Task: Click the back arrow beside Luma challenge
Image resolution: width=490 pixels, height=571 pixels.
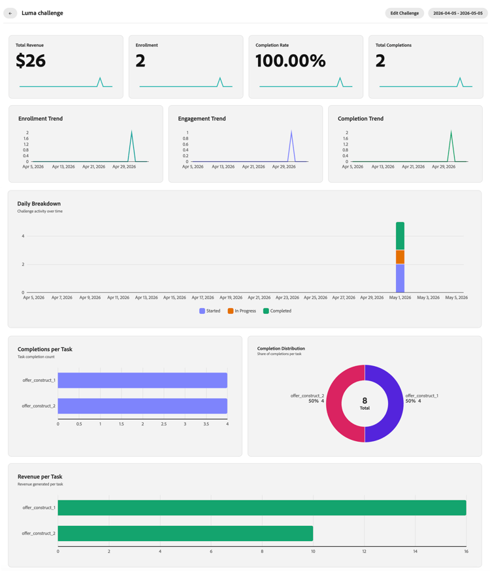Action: pos(10,13)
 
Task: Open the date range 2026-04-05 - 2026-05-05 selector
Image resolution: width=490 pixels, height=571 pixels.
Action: pos(457,13)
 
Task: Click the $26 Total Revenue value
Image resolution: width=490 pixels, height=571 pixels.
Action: pos(31,61)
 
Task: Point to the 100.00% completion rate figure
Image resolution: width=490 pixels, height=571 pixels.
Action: pos(290,61)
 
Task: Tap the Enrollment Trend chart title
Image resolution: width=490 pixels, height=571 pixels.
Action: pos(41,119)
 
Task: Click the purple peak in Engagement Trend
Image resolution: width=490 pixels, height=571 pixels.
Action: pos(291,131)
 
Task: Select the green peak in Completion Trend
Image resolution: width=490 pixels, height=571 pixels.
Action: pos(451,131)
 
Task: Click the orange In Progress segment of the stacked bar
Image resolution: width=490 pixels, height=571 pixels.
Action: pos(400,257)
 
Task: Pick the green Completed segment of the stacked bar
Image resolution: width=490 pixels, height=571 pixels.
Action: pos(400,236)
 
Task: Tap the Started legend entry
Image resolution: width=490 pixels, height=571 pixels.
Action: pos(210,311)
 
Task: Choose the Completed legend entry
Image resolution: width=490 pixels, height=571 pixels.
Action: pos(277,311)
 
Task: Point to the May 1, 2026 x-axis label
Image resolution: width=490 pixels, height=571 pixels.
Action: pos(400,298)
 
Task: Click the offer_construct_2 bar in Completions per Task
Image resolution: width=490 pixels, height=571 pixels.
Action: pos(142,406)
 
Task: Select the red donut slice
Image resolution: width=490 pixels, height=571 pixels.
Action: pos(334,403)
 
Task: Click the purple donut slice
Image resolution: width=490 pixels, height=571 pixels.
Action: pos(395,403)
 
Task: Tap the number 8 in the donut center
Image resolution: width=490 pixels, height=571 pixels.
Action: pos(365,401)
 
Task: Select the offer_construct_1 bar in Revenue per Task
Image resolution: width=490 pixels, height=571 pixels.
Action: pos(262,508)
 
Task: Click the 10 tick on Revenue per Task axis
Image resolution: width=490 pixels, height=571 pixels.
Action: pos(313,551)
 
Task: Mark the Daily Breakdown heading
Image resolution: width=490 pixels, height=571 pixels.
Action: pos(39,204)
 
